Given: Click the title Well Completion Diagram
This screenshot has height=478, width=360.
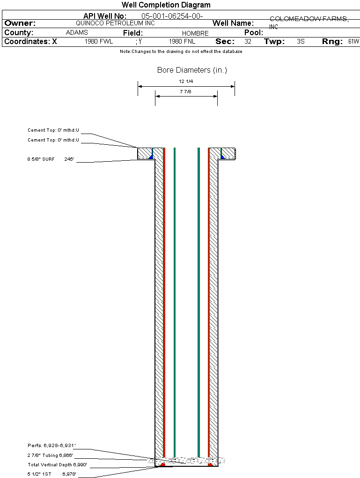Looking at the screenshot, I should point(166,5).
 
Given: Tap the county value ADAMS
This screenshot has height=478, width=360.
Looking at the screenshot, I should point(77,33).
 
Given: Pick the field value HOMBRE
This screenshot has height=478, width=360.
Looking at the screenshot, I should point(195,33).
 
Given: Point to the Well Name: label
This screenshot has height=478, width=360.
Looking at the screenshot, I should point(233,23).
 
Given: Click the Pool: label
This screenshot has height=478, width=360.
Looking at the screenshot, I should point(254,33).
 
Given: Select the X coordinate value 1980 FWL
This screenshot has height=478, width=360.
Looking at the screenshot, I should point(99,42).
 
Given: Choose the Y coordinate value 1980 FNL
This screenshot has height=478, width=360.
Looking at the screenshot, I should point(182,42).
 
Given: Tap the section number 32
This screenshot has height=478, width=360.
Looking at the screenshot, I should point(248,42).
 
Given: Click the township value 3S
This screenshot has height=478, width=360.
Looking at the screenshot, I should point(301,42).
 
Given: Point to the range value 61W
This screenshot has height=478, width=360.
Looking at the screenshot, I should point(353,42).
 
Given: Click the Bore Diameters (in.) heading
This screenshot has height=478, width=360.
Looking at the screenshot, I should point(192,70).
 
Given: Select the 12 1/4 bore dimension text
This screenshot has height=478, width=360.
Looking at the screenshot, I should point(186,82).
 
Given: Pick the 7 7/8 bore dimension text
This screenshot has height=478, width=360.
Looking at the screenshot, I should point(186,92).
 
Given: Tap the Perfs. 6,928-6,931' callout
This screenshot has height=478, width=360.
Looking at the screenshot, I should point(51,445).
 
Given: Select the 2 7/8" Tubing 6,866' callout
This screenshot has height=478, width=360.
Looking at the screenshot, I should point(50,455).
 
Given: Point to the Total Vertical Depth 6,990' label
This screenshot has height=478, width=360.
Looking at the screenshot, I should point(57,465).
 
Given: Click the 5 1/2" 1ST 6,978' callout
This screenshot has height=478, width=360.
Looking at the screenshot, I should point(51,474).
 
